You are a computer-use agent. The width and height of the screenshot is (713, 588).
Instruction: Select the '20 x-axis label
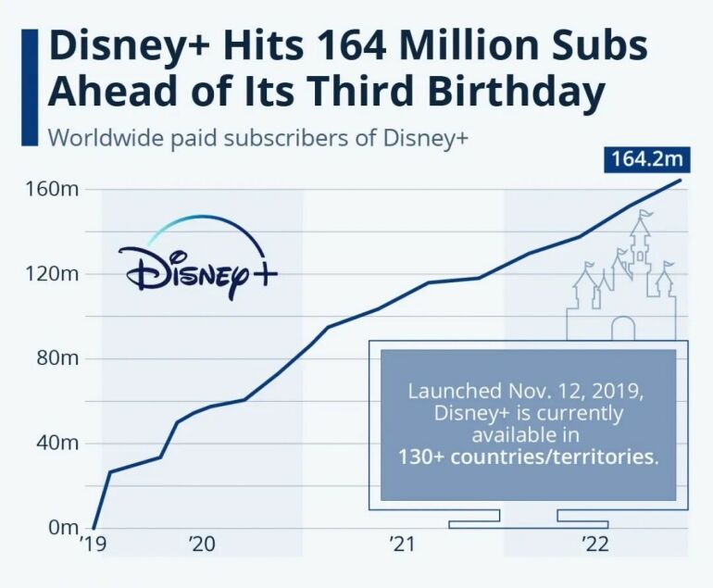[x=201, y=545]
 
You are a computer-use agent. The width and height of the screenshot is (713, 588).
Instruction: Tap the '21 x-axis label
[x=400, y=545]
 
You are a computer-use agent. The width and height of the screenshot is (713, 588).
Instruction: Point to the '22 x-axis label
[x=594, y=545]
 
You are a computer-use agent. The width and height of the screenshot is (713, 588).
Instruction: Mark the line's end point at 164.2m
[x=682, y=180]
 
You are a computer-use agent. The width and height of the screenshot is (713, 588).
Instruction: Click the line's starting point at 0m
[x=94, y=528]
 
